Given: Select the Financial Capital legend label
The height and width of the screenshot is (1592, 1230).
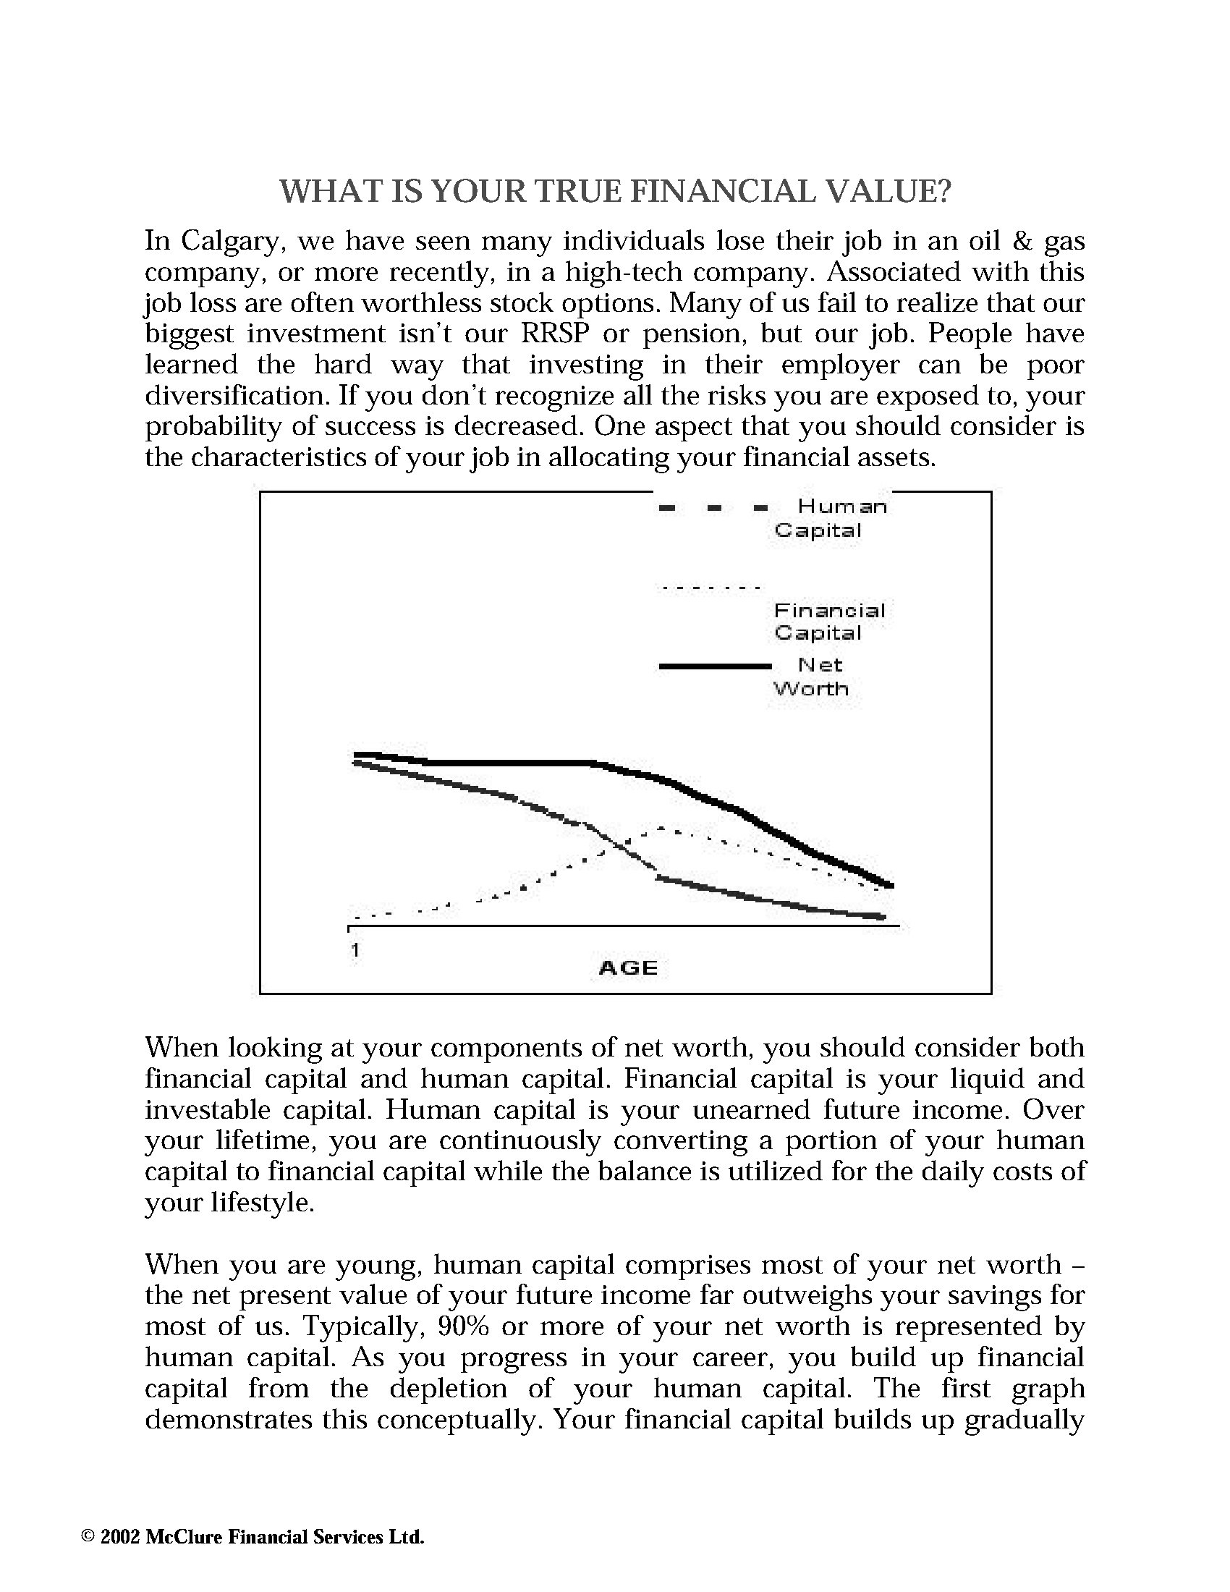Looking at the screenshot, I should click(829, 621).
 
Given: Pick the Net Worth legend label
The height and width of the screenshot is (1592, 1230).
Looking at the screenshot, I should click(810, 677).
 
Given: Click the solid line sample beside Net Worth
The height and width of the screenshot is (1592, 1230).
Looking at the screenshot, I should click(714, 666).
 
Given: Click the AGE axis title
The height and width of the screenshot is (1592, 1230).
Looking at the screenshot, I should click(628, 968).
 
